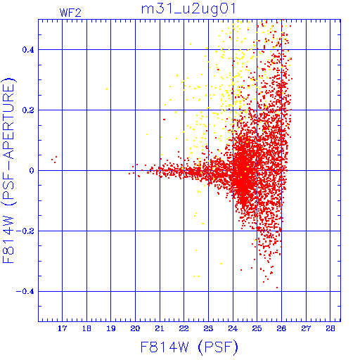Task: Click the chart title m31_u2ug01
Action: tap(188, 10)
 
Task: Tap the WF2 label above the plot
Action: tap(70, 13)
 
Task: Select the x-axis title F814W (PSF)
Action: tap(189, 347)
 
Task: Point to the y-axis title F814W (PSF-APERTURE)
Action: tap(9, 170)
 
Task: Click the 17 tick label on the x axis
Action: tap(63, 328)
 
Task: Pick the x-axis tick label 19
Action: tap(111, 328)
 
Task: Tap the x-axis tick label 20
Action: tap(135, 328)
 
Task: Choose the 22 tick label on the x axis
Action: tap(184, 328)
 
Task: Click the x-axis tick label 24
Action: tap(233, 328)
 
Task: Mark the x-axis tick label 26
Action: tap(281, 328)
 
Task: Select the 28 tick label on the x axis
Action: tap(330, 328)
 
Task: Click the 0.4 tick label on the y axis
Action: tap(28, 50)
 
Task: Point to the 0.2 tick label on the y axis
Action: tap(28, 110)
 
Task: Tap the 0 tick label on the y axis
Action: tap(32, 171)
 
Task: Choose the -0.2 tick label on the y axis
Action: tap(25, 231)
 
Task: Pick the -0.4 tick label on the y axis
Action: tap(25, 292)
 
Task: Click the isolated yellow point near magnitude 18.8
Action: tap(107, 89)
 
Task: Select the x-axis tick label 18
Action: tap(86, 328)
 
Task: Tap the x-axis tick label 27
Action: tap(306, 328)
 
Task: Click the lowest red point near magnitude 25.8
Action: tap(277, 288)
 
